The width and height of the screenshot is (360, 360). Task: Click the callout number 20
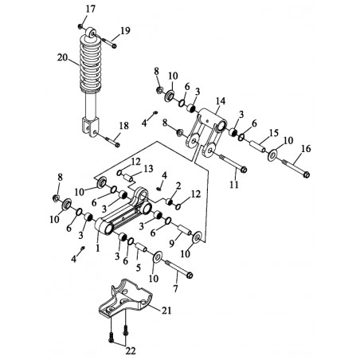62,57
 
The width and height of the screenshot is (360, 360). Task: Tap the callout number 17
90,10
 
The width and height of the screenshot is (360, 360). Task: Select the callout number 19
125,31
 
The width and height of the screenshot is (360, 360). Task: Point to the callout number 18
123,126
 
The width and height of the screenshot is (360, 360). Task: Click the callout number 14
221,101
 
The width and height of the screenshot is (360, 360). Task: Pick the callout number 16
306,149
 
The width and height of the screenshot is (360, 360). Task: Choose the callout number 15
274,133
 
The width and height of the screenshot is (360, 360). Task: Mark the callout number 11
234,185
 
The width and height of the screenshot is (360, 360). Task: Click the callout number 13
148,169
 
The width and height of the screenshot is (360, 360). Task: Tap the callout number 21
166,310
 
